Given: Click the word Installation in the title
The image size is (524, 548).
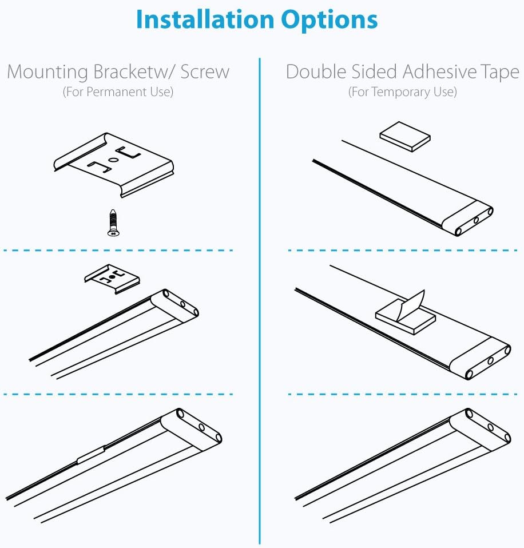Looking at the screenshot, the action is click(205, 19).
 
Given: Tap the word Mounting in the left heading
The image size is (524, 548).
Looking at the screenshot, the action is click(47, 73).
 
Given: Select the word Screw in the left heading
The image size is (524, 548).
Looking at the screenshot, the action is click(205, 72).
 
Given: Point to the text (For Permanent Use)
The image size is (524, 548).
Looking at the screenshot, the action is click(118, 92).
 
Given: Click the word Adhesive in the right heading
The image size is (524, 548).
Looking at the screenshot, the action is click(439, 72).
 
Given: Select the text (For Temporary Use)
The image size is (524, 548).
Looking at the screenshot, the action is click(402, 92).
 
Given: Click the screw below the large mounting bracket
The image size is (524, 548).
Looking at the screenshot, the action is click(113, 223).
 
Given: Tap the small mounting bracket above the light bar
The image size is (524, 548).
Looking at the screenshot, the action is click(112, 279).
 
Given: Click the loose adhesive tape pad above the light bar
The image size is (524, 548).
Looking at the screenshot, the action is click(405, 136).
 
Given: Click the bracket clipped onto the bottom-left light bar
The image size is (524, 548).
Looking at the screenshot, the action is click(91, 455).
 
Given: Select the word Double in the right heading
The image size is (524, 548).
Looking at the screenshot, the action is click(316, 72).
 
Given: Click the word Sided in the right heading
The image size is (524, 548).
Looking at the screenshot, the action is click(374, 72).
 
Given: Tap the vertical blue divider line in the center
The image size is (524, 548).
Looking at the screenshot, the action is click(260, 300).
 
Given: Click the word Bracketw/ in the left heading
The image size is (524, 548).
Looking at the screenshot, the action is click(134, 72).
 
